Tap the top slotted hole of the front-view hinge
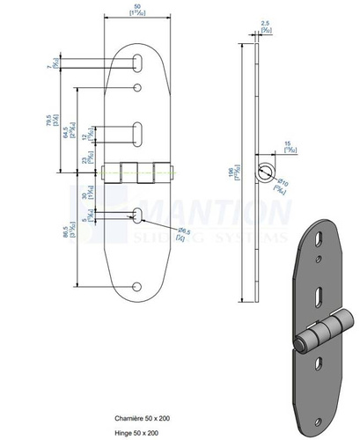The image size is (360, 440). tap(139, 61)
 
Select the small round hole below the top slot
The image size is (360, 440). tap(139, 87)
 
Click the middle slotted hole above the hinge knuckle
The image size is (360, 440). tap(139, 131)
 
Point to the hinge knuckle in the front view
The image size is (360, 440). tap(138, 172)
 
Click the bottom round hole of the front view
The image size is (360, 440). tap(138, 286)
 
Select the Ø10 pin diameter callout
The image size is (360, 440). tap(283, 182)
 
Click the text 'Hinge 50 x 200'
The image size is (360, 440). tap(136, 433)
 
